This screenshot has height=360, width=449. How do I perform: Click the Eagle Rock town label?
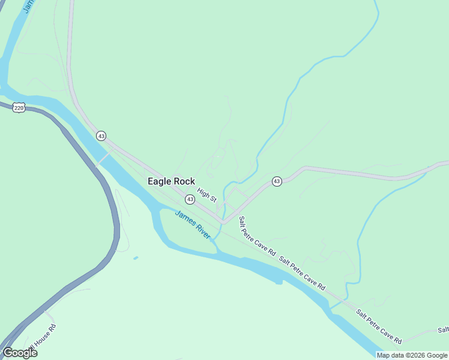tap(171, 181)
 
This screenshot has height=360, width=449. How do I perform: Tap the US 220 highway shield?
tap(19, 108)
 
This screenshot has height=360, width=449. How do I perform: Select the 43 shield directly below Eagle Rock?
tap(190, 199)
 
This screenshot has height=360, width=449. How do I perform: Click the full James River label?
tap(193, 225)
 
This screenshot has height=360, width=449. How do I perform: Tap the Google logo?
tap(19, 353)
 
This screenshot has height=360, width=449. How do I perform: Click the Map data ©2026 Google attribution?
tap(412, 355)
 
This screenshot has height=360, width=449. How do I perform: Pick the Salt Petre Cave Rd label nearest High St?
tap(257, 236)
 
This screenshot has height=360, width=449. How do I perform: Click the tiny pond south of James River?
tap(136, 258)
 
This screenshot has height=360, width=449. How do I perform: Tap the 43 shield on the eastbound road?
tap(276, 181)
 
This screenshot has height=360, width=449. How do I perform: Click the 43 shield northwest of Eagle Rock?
tap(101, 136)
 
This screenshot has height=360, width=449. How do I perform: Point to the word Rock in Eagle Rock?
tap(183, 181)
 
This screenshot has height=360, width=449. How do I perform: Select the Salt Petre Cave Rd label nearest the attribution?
tap(378, 326)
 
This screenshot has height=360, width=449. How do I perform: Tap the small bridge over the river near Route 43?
tap(103, 158)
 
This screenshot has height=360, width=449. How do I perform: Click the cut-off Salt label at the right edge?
tap(443, 330)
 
